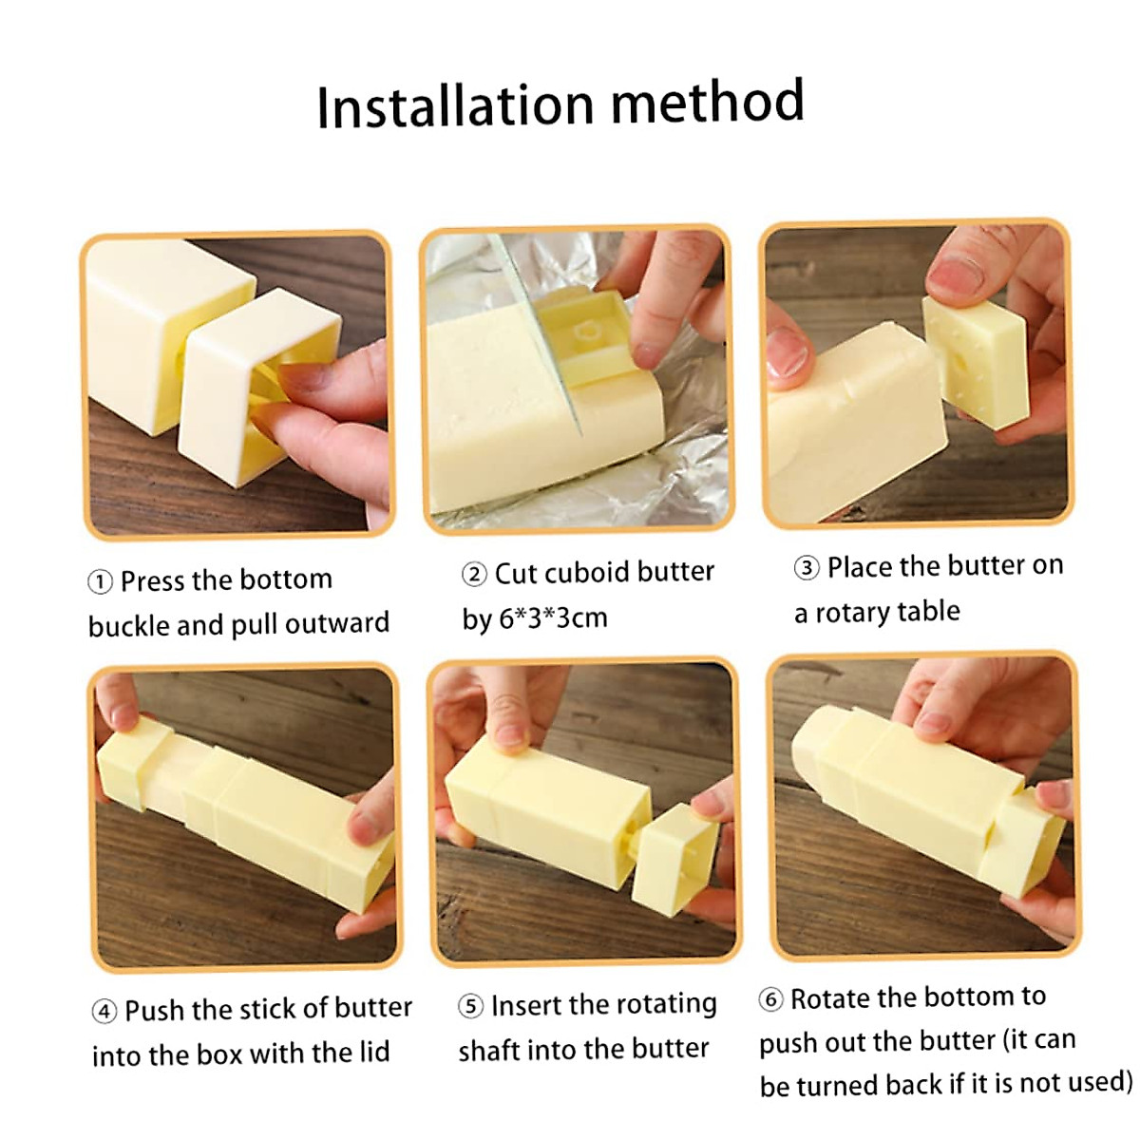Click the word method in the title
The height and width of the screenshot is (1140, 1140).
tap(708, 103)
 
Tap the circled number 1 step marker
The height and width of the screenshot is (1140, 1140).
tap(100, 581)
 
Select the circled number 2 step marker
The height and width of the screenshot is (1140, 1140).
tap(474, 575)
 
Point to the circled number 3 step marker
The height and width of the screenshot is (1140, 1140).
tap(807, 568)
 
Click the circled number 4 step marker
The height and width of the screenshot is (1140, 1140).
tap(104, 1011)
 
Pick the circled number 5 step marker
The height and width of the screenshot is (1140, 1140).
tap(470, 1006)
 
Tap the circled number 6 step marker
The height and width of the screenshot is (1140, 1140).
tap(770, 999)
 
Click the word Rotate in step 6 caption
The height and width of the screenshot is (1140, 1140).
tap(831, 998)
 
